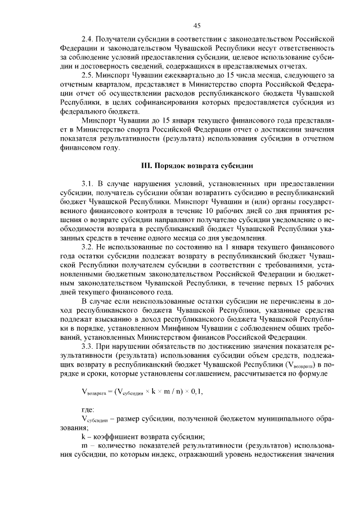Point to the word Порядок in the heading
tap(175, 166)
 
